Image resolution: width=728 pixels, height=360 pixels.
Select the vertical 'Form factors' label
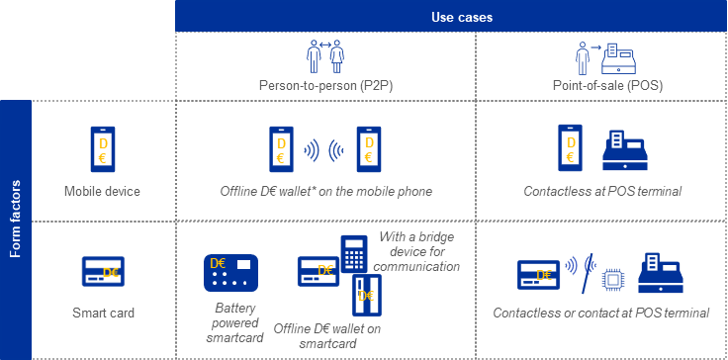click(x=16, y=219)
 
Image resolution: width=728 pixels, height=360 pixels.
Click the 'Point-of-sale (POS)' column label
click(x=607, y=86)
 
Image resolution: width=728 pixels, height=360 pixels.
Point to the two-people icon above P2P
click(x=323, y=55)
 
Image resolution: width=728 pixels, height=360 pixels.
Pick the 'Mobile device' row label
click(x=103, y=191)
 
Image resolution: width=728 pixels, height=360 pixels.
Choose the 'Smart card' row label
click(x=103, y=314)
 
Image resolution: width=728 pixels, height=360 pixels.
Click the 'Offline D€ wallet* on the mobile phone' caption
click(x=325, y=191)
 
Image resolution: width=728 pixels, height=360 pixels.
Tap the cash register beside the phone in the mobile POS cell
click(x=624, y=151)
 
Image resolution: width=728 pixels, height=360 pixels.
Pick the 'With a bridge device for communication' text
click(x=418, y=251)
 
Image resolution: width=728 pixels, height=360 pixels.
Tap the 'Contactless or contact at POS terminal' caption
click(x=600, y=314)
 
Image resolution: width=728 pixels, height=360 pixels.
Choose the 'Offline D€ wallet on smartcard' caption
click(x=326, y=335)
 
